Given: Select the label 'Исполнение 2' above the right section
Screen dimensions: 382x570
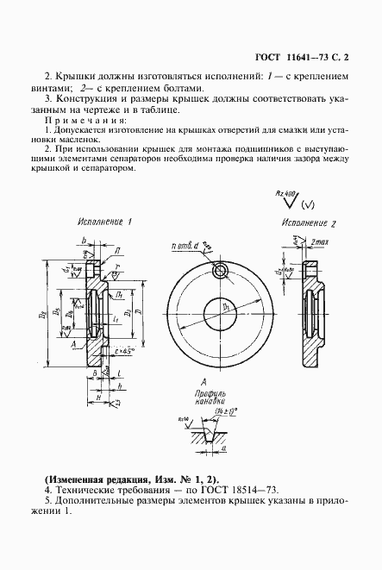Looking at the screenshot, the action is click(308, 223).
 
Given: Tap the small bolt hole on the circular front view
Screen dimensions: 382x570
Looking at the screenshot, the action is click(221, 272).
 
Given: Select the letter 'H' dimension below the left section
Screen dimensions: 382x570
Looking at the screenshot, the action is click(101, 396).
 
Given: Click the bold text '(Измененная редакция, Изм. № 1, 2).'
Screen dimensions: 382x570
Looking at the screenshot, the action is click(131, 479).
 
